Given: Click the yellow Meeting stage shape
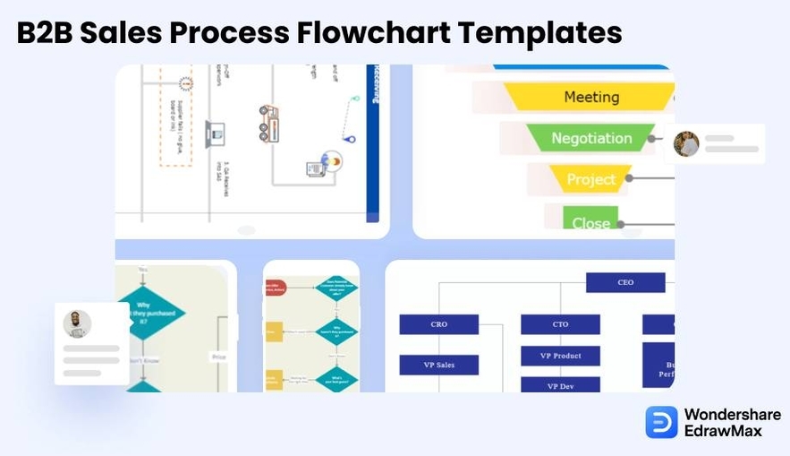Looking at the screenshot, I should click(590, 97).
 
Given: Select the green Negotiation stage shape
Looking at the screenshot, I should click(591, 138).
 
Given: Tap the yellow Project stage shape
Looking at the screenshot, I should click(590, 179).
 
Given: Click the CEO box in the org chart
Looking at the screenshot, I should click(625, 283).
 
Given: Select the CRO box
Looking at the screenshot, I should click(438, 324).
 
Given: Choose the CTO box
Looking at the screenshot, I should click(560, 324).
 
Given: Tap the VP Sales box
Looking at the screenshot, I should click(438, 365).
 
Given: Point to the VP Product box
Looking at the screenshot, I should click(560, 356).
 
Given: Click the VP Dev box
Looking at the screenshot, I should click(560, 385).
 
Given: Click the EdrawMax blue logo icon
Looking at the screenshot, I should click(661, 422).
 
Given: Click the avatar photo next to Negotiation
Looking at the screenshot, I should click(686, 143).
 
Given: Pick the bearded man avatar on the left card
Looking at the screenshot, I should click(78, 323).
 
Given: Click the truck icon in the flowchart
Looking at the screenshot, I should click(268, 124).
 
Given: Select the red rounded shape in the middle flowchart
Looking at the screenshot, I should click(275, 289).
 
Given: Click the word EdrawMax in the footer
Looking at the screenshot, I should click(723, 431).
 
